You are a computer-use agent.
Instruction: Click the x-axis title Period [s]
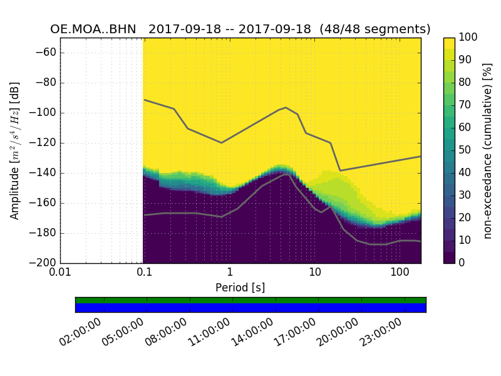click(240, 287)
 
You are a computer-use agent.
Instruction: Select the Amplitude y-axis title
click(15, 150)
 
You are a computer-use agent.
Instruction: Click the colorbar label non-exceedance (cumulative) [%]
click(488, 150)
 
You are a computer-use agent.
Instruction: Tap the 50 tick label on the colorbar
click(465, 150)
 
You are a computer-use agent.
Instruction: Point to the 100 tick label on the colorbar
click(468, 38)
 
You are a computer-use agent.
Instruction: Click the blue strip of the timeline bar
click(250, 308)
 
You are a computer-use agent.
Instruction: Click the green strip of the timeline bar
click(250, 300)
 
